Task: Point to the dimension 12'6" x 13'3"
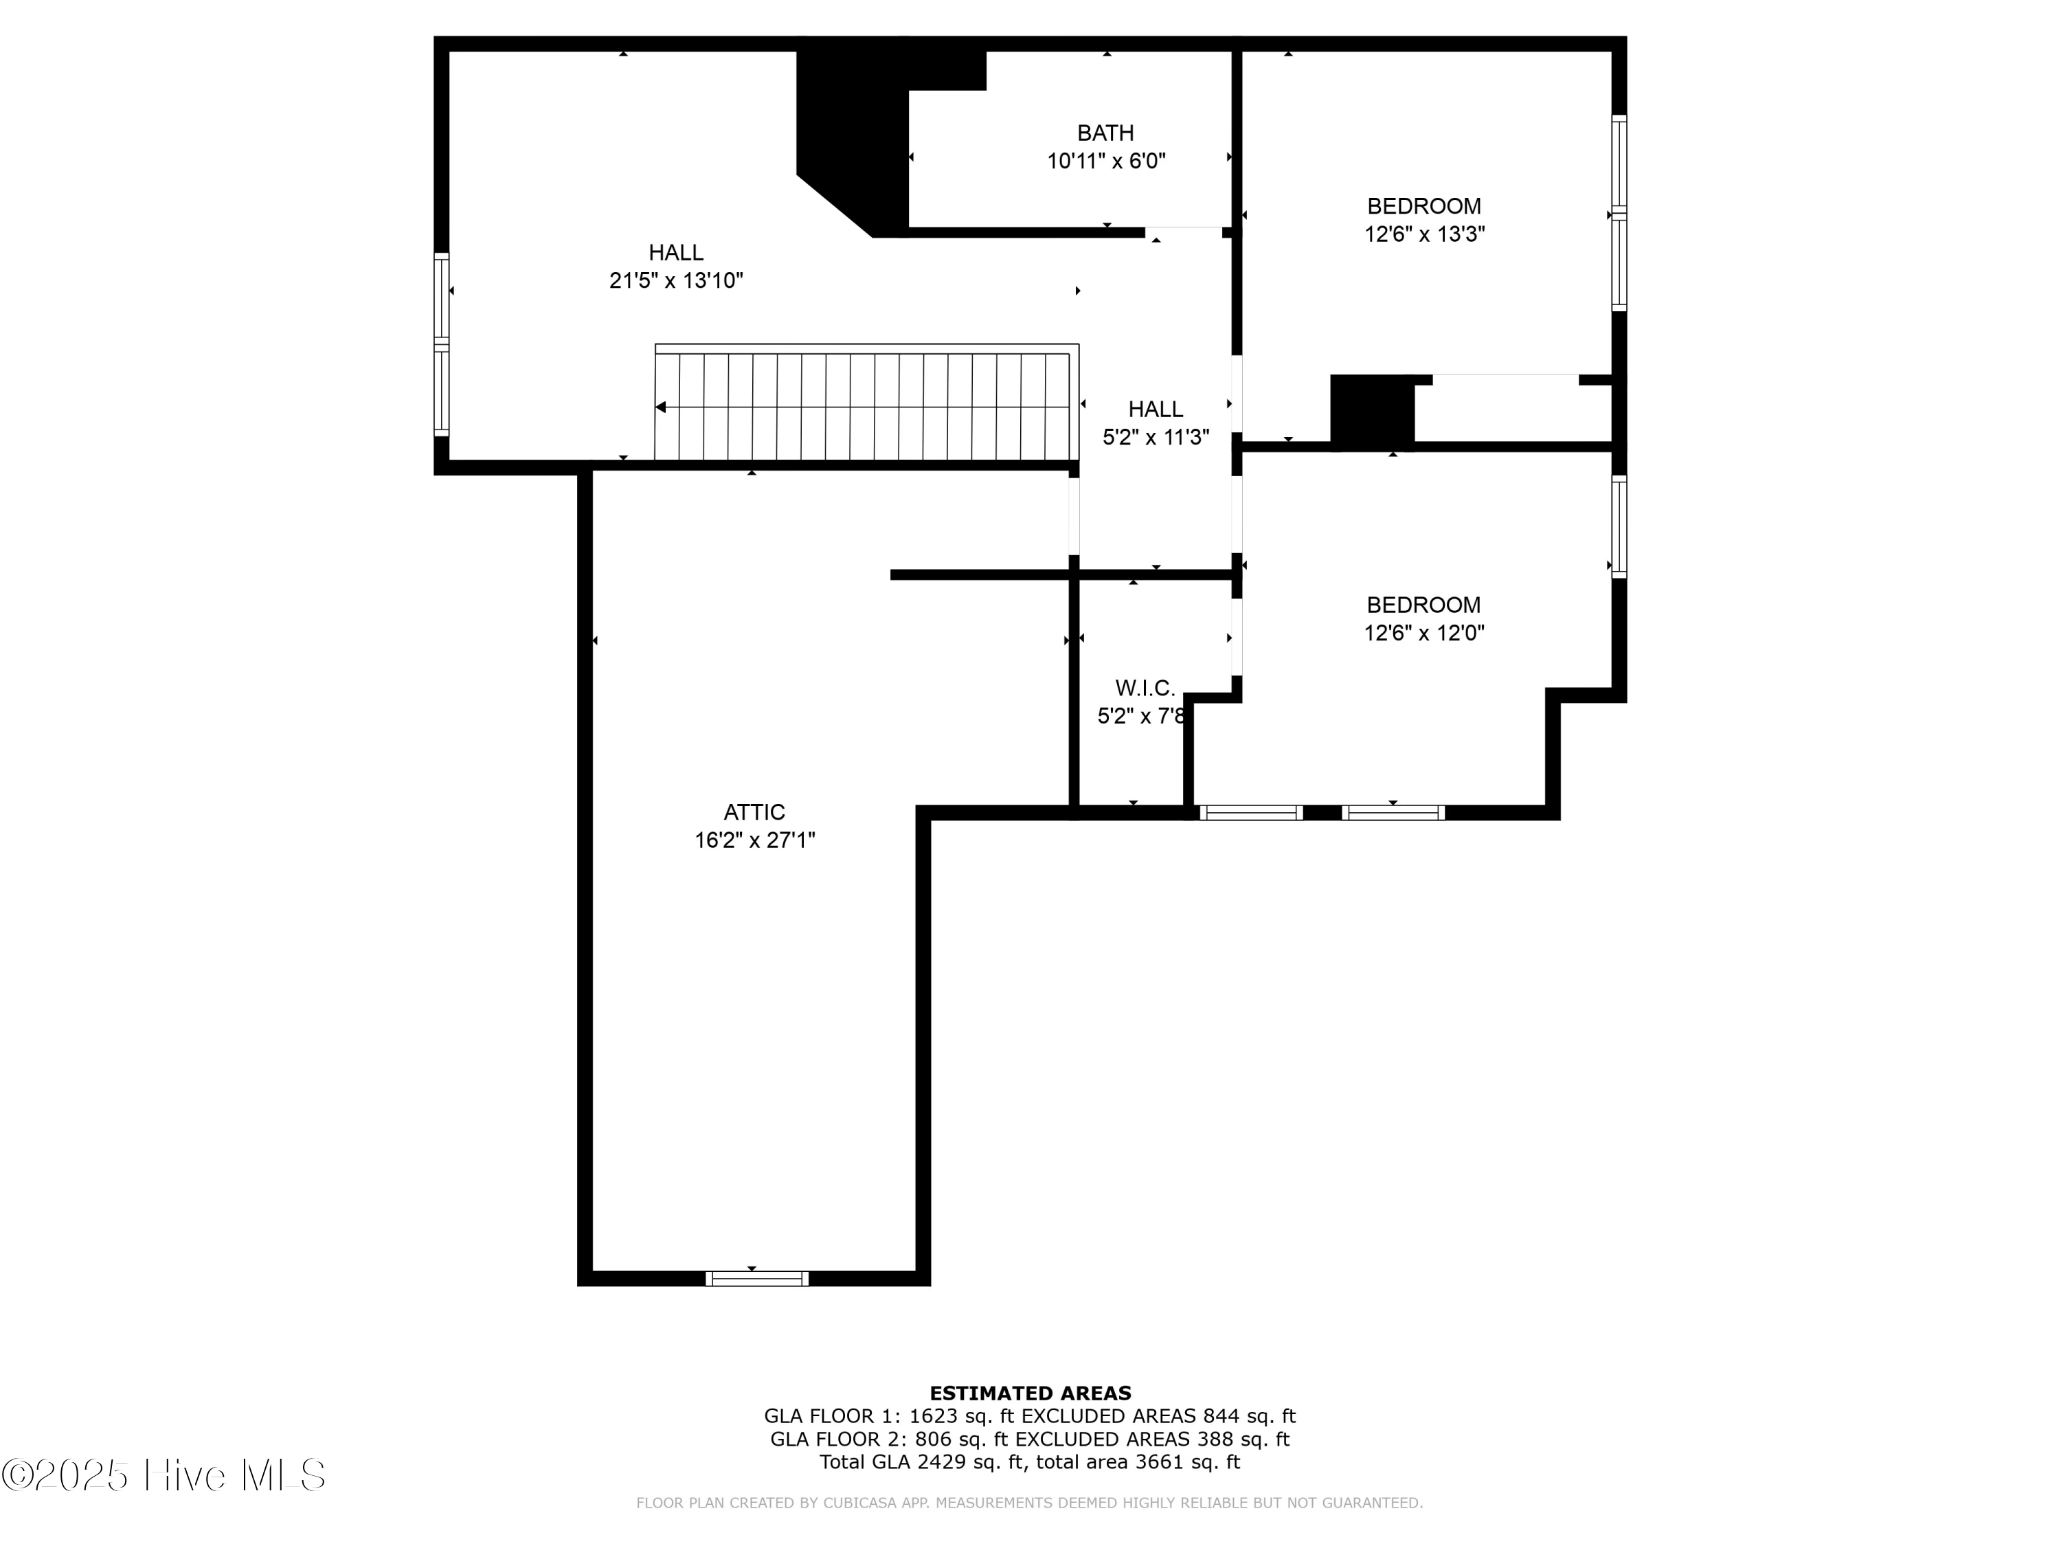click(x=1423, y=234)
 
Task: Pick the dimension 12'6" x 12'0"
click(x=1423, y=633)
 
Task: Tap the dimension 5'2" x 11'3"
click(x=1156, y=437)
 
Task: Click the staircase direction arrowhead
click(x=661, y=407)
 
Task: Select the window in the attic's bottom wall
click(x=756, y=1279)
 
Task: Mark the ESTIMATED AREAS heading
click(x=1030, y=1393)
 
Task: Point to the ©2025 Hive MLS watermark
click(x=164, y=1475)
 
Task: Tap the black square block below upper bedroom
click(x=1371, y=411)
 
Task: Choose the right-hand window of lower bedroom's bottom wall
click(x=1393, y=813)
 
